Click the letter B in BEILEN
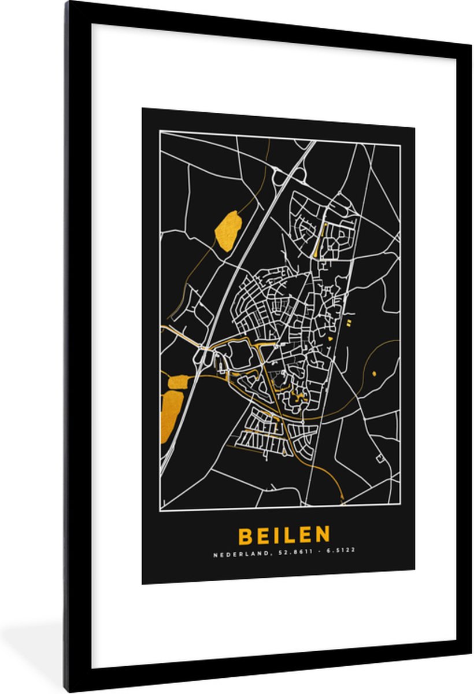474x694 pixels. [x=245, y=536]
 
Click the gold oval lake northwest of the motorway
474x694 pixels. [x=228, y=230]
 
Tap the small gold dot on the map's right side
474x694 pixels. [x=374, y=373]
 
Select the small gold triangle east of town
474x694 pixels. [x=331, y=337]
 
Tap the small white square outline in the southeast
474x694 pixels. [x=380, y=459]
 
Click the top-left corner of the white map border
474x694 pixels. [x=160, y=132]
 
